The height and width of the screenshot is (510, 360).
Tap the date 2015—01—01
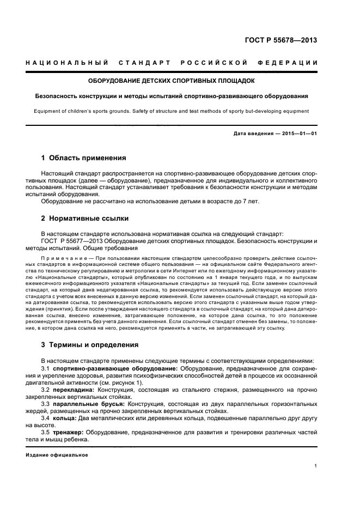tap(298, 133)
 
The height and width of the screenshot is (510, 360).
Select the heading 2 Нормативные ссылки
tap(85, 218)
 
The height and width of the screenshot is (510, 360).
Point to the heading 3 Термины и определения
tap(90, 344)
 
